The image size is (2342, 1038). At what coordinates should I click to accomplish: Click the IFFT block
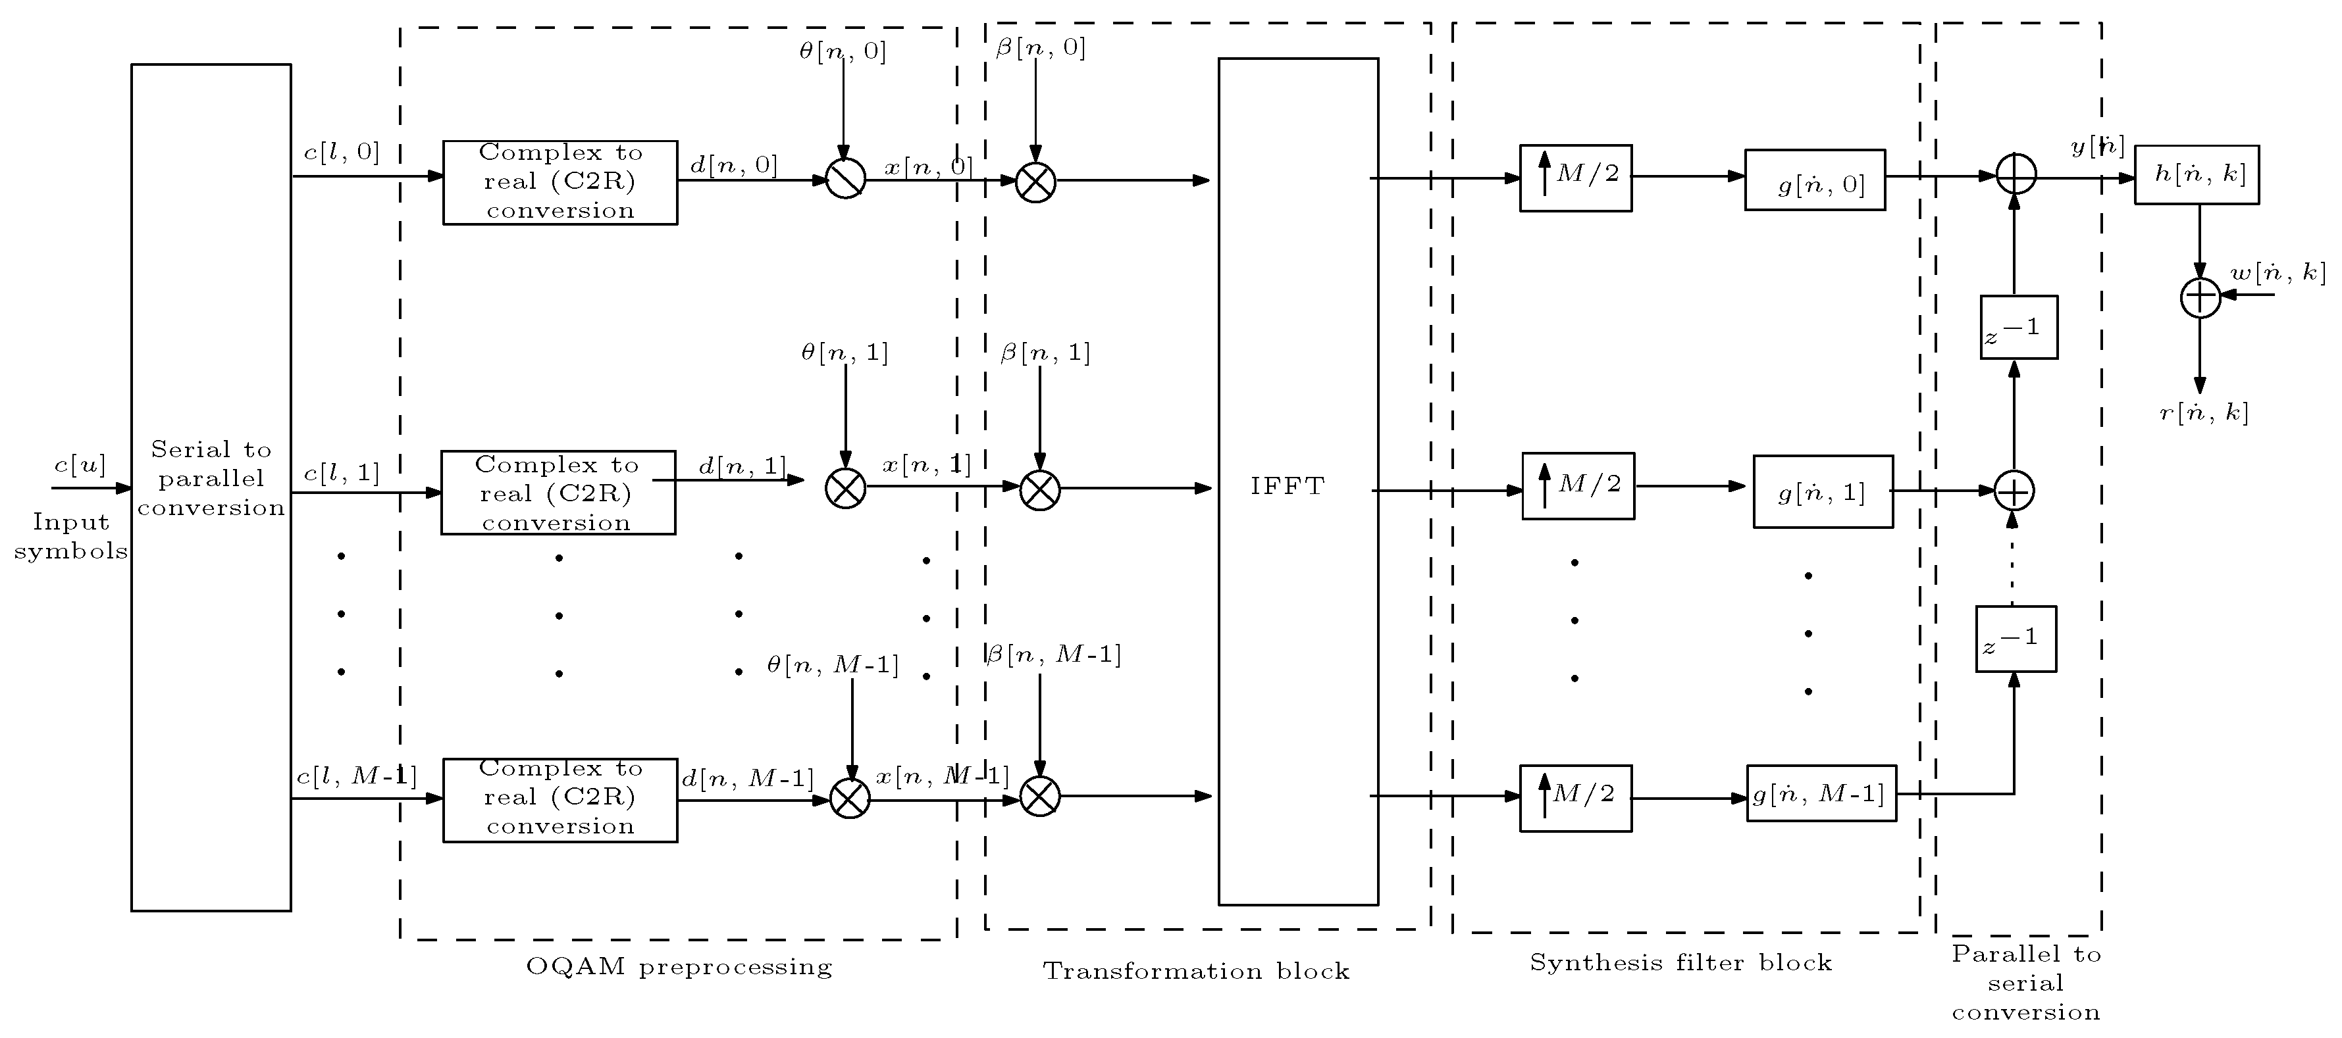pyautogui.click(x=1297, y=482)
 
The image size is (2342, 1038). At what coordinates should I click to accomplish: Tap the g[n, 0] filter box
pyautogui.click(x=1815, y=181)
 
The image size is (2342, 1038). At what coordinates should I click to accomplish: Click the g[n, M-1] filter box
pyautogui.click(x=1821, y=793)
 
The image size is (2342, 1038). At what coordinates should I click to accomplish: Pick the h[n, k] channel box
pyautogui.click(x=2196, y=174)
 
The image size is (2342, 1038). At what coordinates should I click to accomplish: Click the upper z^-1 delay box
pyautogui.click(x=2018, y=327)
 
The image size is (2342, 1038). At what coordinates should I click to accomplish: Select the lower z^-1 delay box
pyautogui.click(x=2016, y=639)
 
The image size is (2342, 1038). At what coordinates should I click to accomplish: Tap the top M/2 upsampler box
pyautogui.click(x=1576, y=178)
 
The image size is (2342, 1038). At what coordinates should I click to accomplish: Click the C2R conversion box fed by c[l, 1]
pyautogui.click(x=558, y=493)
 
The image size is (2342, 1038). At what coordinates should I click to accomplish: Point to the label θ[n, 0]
pyautogui.click(x=842, y=51)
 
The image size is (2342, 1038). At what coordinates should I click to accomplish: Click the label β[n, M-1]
pyautogui.click(x=1054, y=655)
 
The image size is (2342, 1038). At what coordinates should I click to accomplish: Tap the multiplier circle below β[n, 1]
pyautogui.click(x=1040, y=490)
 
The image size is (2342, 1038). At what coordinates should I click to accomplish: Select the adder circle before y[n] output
pyautogui.click(x=2016, y=174)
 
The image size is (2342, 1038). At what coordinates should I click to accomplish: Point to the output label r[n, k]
pyautogui.click(x=2204, y=414)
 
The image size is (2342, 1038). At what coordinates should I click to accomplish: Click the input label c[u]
pyautogui.click(x=80, y=465)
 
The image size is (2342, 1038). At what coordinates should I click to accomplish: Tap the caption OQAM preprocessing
pyautogui.click(x=679, y=966)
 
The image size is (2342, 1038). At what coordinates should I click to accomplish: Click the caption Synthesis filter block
pyautogui.click(x=1680, y=962)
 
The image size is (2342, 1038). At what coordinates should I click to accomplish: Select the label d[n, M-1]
pyautogui.click(x=747, y=779)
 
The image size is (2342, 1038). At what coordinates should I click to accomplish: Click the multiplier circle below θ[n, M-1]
pyautogui.click(x=850, y=799)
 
